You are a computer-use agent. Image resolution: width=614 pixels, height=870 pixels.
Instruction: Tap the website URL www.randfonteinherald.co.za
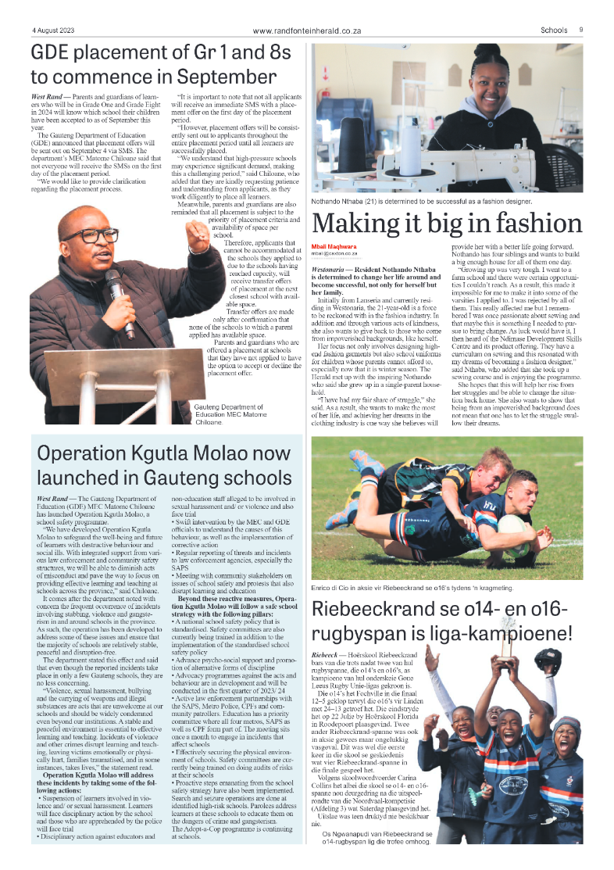(307, 30)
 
